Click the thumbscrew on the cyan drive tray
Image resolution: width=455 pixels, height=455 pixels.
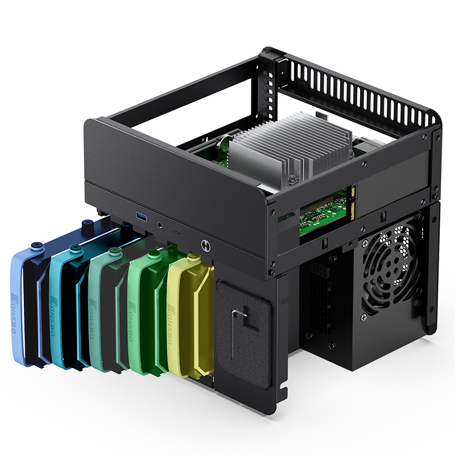pyautogui.click(x=74, y=248)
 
